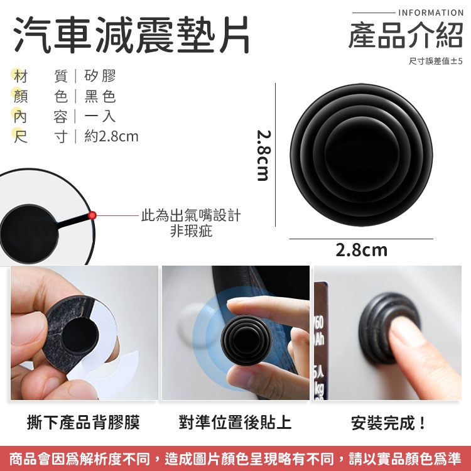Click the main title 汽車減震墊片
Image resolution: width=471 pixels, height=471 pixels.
(132, 35)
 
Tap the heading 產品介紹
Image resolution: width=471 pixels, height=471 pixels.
(406, 35)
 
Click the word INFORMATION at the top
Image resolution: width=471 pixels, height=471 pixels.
(431, 13)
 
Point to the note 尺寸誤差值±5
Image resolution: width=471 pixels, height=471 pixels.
(436, 61)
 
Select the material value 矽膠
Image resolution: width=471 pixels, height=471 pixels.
(100, 76)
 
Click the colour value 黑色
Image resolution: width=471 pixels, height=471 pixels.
(100, 97)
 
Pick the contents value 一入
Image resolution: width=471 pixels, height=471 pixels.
(100, 116)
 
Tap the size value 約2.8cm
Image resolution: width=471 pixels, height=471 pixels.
(111, 136)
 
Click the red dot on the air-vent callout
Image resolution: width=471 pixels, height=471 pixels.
(92, 215)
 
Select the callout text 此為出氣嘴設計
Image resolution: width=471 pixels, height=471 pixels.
(191, 215)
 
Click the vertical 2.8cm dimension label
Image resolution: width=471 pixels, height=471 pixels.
(264, 155)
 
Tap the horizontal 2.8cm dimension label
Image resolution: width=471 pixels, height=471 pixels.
(361, 250)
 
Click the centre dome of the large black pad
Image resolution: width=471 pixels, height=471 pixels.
(362, 154)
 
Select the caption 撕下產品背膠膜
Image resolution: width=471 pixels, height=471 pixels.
(84, 422)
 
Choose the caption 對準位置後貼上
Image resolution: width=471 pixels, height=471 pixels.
(235, 422)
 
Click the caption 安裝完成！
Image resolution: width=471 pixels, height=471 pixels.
(388, 423)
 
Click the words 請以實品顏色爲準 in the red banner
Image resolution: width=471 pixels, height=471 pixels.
(405, 458)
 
